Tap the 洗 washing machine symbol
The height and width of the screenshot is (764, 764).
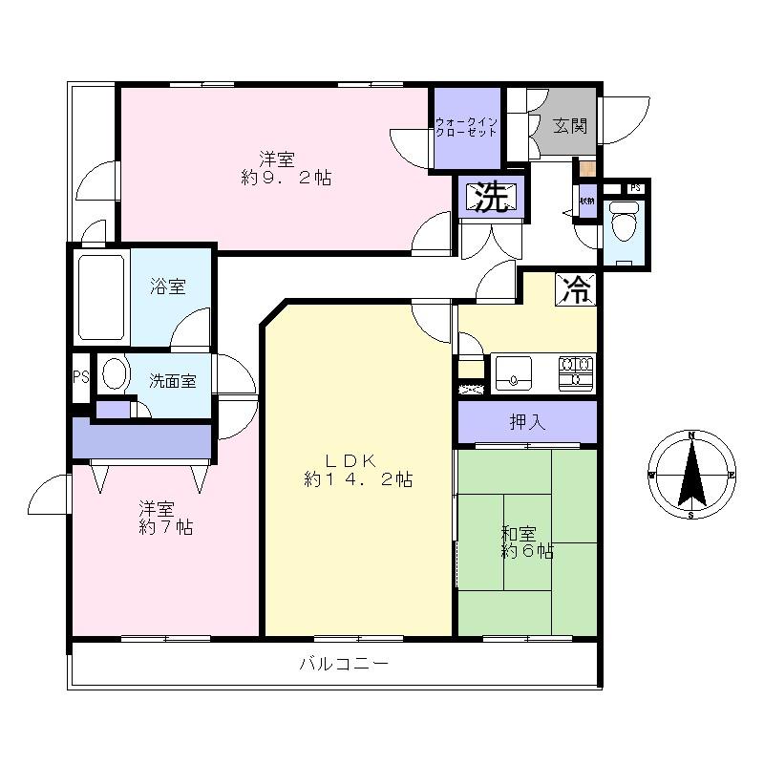click(x=492, y=197)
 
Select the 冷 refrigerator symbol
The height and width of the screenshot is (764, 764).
click(x=576, y=289)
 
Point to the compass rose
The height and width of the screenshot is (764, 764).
click(x=690, y=475)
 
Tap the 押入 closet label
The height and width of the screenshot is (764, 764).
click(x=527, y=422)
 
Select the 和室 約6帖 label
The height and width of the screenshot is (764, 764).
click(x=527, y=541)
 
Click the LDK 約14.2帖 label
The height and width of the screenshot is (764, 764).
click(x=357, y=469)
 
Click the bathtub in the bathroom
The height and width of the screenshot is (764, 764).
click(x=100, y=297)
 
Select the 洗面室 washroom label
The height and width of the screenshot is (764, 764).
click(x=172, y=380)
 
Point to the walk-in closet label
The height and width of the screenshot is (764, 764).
click(x=466, y=127)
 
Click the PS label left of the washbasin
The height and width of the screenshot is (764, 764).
click(x=80, y=376)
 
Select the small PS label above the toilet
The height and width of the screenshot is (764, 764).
click(x=634, y=187)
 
